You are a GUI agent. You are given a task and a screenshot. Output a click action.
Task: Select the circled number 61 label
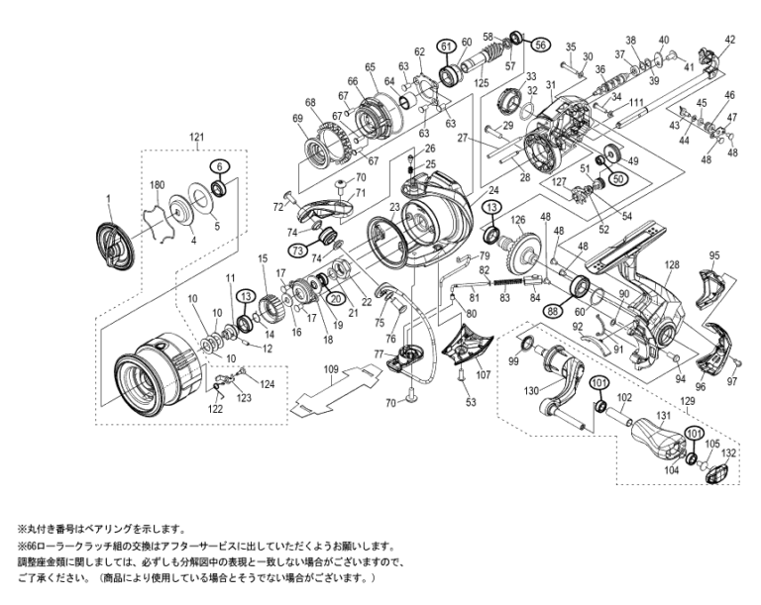(x=446, y=46)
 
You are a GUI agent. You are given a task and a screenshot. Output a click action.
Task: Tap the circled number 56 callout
(x=540, y=45)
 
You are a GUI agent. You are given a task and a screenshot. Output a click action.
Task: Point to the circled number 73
(x=298, y=252)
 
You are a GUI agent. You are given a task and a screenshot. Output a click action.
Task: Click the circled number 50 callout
(x=619, y=179)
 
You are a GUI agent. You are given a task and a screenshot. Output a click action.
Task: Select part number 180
(x=156, y=185)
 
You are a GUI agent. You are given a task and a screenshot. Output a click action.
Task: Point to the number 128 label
(x=673, y=265)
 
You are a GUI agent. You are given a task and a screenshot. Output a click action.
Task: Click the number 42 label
(x=730, y=40)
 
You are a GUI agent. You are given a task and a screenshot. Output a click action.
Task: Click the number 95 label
(x=713, y=255)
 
